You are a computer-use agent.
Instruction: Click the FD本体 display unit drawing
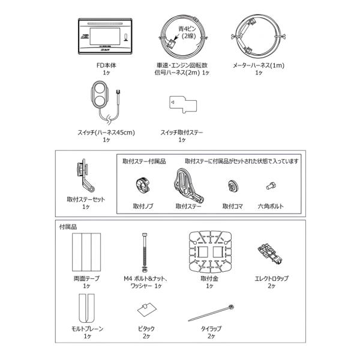click(x=105, y=36)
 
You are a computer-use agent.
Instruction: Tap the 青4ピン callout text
click(x=187, y=29)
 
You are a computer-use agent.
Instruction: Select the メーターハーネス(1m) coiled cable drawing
click(x=259, y=37)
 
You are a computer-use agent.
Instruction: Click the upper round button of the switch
click(x=100, y=88)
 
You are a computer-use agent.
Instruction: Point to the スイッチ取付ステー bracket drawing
click(x=183, y=104)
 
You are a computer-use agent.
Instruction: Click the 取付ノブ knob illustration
click(x=143, y=185)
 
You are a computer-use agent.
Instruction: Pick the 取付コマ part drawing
click(x=233, y=186)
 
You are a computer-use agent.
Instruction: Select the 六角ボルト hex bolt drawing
click(x=271, y=186)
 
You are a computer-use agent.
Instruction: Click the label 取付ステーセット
click(x=86, y=199)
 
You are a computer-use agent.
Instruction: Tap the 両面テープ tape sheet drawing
click(x=86, y=252)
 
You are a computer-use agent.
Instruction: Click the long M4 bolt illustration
click(x=145, y=252)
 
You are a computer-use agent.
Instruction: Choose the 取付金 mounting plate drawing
click(x=210, y=251)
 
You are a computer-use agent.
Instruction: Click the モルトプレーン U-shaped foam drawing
click(x=86, y=308)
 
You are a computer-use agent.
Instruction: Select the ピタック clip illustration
click(x=147, y=309)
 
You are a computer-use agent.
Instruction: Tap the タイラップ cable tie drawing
click(x=211, y=313)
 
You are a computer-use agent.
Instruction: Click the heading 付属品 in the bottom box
click(x=68, y=227)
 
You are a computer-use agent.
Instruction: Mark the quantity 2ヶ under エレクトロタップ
click(x=271, y=286)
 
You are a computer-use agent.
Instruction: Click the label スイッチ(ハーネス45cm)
click(x=106, y=133)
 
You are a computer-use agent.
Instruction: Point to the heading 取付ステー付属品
click(x=144, y=161)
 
